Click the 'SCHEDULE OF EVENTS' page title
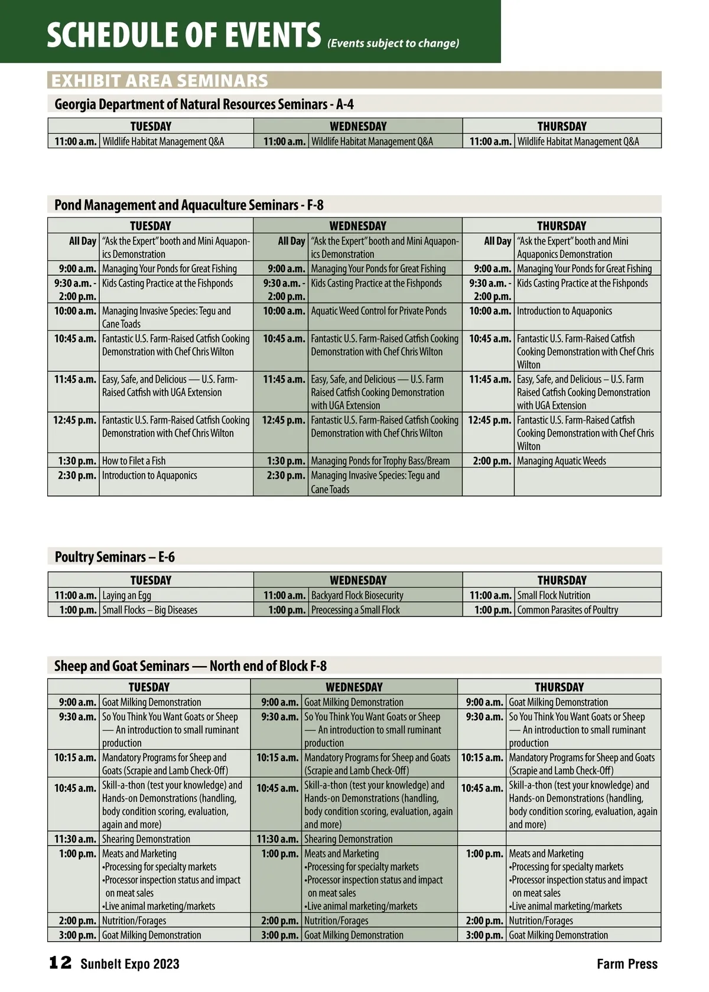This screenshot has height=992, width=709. [184, 35]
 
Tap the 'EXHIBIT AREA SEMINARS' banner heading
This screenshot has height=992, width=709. [160, 80]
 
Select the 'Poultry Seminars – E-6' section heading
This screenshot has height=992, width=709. [115, 557]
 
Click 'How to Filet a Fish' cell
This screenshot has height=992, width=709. [134, 461]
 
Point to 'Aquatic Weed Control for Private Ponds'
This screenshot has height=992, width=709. [379, 311]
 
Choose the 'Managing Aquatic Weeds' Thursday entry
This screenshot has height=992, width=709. [561, 461]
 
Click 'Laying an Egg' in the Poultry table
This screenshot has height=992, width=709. [126, 595]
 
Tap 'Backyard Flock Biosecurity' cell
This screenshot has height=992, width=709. [357, 595]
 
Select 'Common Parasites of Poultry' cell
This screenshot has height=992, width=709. [567, 610]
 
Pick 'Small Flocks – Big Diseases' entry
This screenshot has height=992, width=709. [149, 610]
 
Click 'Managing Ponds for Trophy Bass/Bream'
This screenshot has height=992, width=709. [380, 461]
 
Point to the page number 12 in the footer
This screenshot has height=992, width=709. [60, 963]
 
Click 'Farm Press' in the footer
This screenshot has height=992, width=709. [627, 964]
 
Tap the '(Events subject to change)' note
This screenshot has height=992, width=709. [393, 43]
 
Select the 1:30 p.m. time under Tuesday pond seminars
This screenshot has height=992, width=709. [77, 461]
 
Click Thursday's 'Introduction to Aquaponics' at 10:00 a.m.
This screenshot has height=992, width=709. [564, 311]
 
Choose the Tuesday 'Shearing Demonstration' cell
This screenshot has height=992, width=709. [146, 839]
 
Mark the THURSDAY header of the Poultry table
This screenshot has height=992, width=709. [561, 580]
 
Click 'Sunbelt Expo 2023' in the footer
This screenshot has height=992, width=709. [130, 964]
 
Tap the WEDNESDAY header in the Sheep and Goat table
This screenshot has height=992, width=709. [354, 687]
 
